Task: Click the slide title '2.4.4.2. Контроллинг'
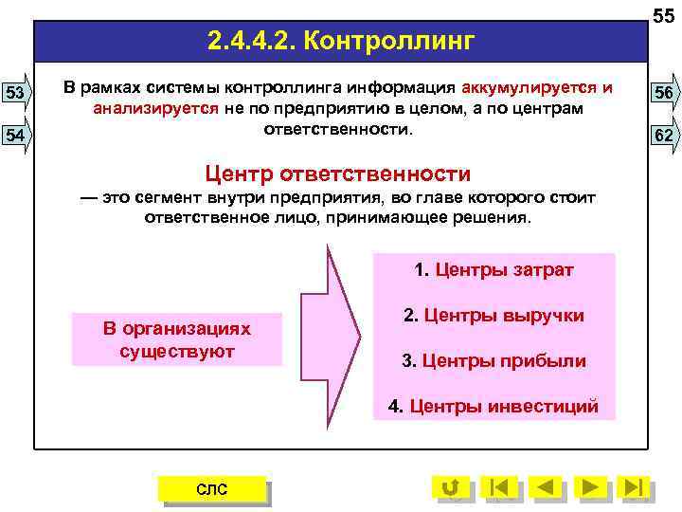[x=340, y=42]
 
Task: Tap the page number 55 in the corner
[x=663, y=12]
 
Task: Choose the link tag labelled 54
[x=15, y=136]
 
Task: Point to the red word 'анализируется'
[x=156, y=108]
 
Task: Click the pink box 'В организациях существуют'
[x=177, y=339]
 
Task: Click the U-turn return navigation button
[x=451, y=487]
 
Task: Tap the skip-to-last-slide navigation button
[x=635, y=487]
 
